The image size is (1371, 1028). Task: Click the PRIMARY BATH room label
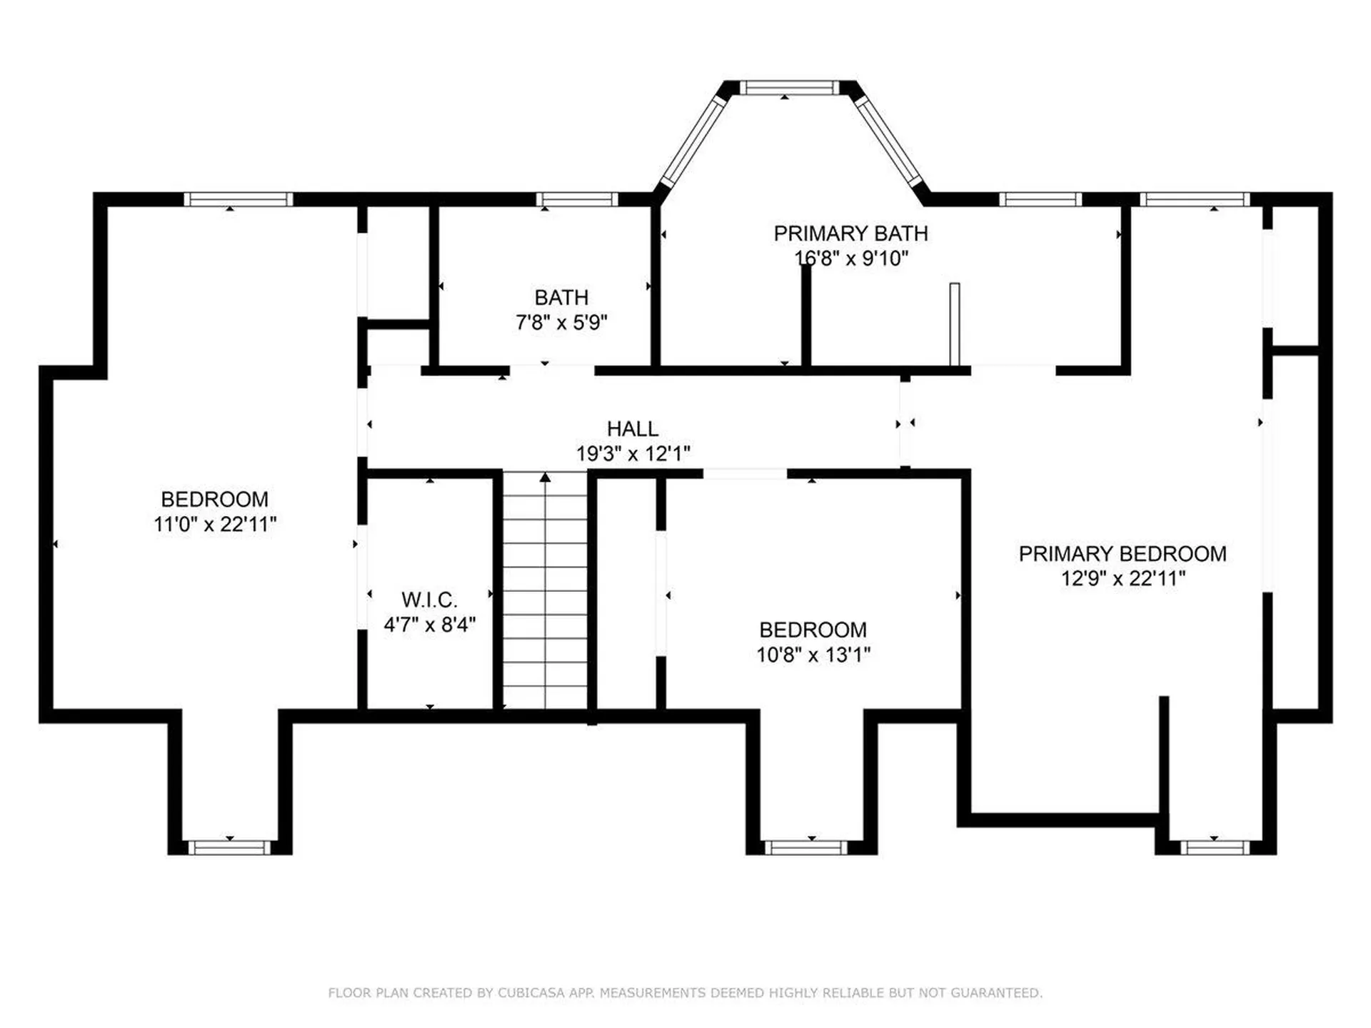click(850, 233)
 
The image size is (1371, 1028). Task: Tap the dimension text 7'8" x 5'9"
click(561, 323)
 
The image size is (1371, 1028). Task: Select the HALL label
click(633, 429)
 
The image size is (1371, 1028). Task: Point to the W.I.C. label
click(429, 600)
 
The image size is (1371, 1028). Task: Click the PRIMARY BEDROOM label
click(1123, 554)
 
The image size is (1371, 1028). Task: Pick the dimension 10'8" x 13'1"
click(813, 655)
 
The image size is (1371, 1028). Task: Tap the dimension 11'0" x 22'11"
click(215, 524)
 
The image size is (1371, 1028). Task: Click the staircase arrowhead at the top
click(546, 477)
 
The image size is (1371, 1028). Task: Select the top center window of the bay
click(789, 88)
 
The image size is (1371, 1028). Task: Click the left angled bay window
click(691, 141)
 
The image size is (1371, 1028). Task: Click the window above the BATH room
click(577, 199)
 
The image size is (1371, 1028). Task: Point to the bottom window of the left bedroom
click(229, 847)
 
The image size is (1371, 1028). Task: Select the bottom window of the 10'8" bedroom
click(806, 847)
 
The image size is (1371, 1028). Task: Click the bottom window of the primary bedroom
click(1215, 847)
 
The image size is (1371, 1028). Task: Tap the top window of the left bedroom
click(238, 199)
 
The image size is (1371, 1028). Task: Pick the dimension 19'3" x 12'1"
click(633, 454)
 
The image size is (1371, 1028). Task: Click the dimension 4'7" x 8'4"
click(430, 625)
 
